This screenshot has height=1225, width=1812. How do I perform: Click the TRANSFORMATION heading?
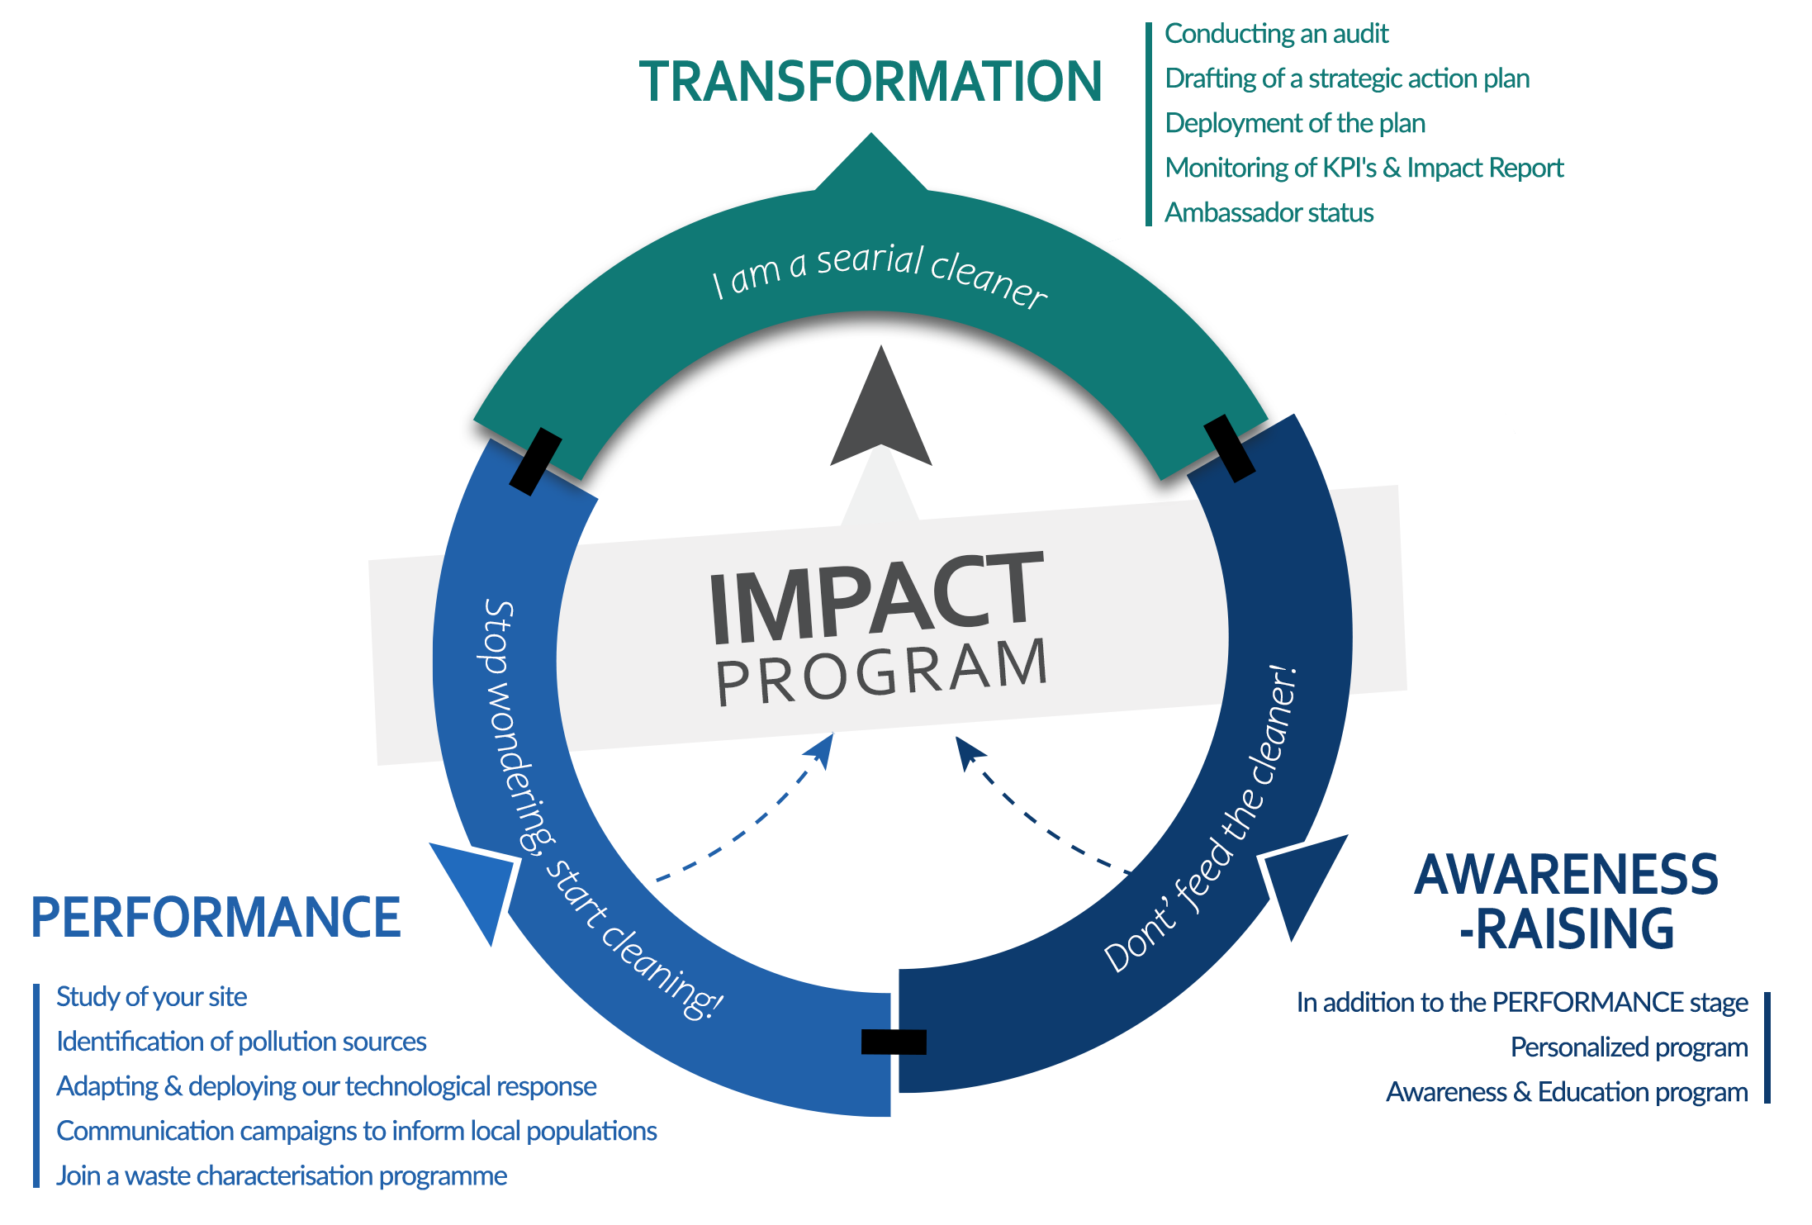(870, 81)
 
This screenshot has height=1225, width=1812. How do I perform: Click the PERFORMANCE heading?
(216, 918)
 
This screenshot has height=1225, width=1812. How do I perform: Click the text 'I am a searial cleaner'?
(879, 273)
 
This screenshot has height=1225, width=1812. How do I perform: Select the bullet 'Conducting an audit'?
(1277, 35)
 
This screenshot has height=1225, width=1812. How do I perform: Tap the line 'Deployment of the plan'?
(1295, 124)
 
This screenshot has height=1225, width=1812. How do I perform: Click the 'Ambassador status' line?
(1270, 212)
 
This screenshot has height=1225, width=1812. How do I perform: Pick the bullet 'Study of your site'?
(152, 997)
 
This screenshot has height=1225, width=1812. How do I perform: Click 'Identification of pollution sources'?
(241, 1042)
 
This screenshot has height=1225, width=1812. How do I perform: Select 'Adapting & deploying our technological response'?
(326, 1086)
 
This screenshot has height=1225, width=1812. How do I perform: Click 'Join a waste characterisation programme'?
(282, 1175)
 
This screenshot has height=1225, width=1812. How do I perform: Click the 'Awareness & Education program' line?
(1566, 1092)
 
